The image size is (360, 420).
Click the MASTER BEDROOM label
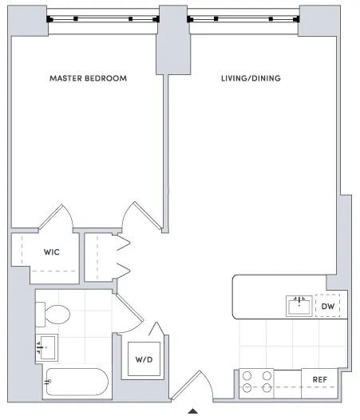(88, 78)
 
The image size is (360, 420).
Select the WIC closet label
(51, 252)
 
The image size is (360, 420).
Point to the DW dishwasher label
(328, 306)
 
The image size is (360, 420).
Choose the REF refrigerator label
(319, 380)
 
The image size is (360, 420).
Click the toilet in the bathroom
(55, 314)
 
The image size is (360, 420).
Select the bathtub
(77, 383)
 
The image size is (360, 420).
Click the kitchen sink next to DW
(299, 305)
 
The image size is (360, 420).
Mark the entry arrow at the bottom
(192, 413)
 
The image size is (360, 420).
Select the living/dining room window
(243, 18)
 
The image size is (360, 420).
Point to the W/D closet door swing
(156, 334)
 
